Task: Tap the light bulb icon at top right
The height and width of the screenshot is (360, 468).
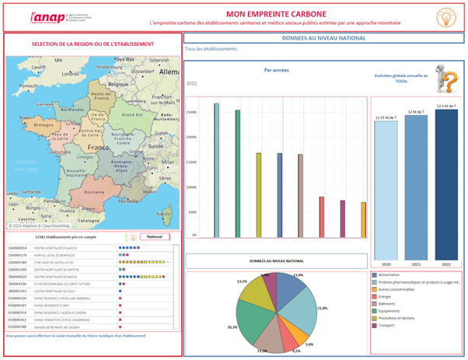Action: click(445, 17)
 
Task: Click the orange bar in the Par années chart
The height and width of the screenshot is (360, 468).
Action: click(363, 220)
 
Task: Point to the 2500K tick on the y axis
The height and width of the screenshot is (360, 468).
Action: click(192, 112)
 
